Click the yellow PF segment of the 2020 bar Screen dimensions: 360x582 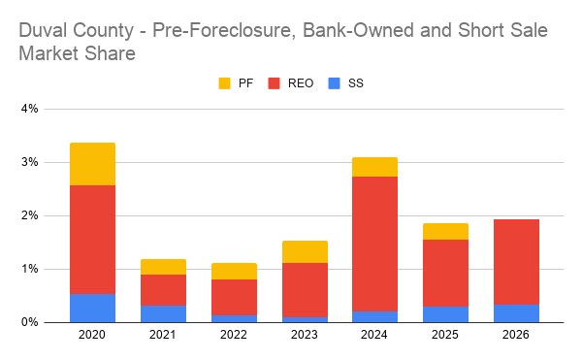92,164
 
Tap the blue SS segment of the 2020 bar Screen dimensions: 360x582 92,308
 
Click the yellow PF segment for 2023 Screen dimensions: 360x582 304,251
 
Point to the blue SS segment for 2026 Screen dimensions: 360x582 516,312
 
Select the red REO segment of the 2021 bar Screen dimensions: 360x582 163,290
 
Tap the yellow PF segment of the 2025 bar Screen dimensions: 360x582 445,231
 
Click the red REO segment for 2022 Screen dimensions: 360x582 234,297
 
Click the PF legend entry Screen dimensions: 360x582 239,83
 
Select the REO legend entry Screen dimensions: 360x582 291,83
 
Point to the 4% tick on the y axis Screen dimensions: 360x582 28,109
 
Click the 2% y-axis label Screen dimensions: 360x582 28,215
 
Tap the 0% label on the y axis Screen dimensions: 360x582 28,322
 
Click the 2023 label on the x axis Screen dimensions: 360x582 304,336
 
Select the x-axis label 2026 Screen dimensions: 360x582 516,336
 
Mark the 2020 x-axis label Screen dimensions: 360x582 92,336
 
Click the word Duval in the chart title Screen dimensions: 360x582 46,31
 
